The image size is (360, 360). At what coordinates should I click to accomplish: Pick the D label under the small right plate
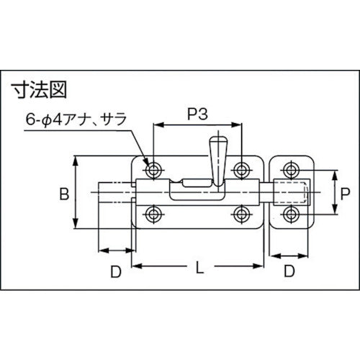coord(288,271)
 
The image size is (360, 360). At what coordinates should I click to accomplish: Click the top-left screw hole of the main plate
coord(153,171)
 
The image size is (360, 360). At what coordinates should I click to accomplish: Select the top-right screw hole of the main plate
coord(242,171)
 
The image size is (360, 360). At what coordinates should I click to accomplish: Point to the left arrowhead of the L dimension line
coord(137,267)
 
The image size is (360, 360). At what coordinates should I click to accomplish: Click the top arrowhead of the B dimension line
coord(76,160)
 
